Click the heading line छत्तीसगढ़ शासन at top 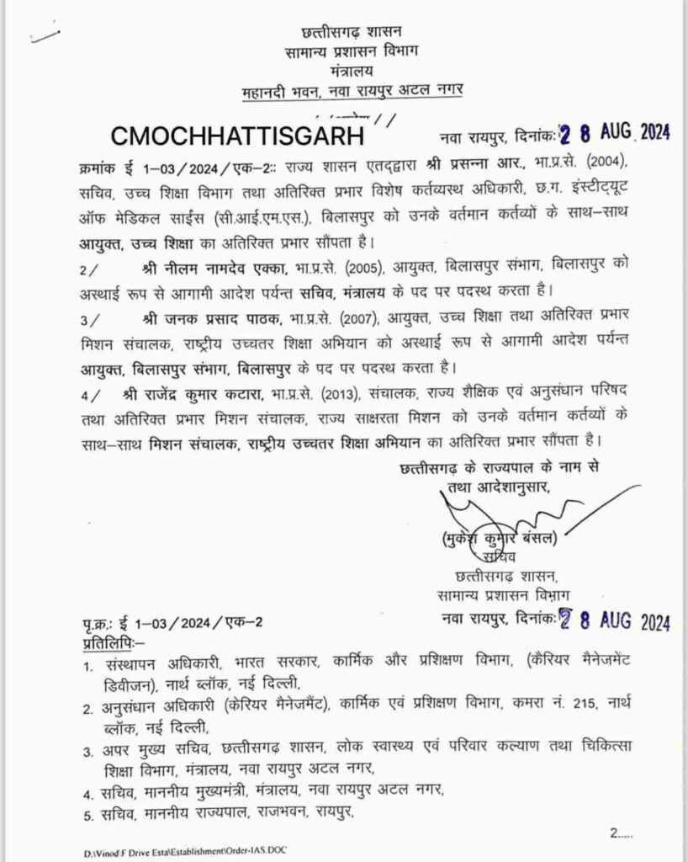(x=347, y=33)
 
